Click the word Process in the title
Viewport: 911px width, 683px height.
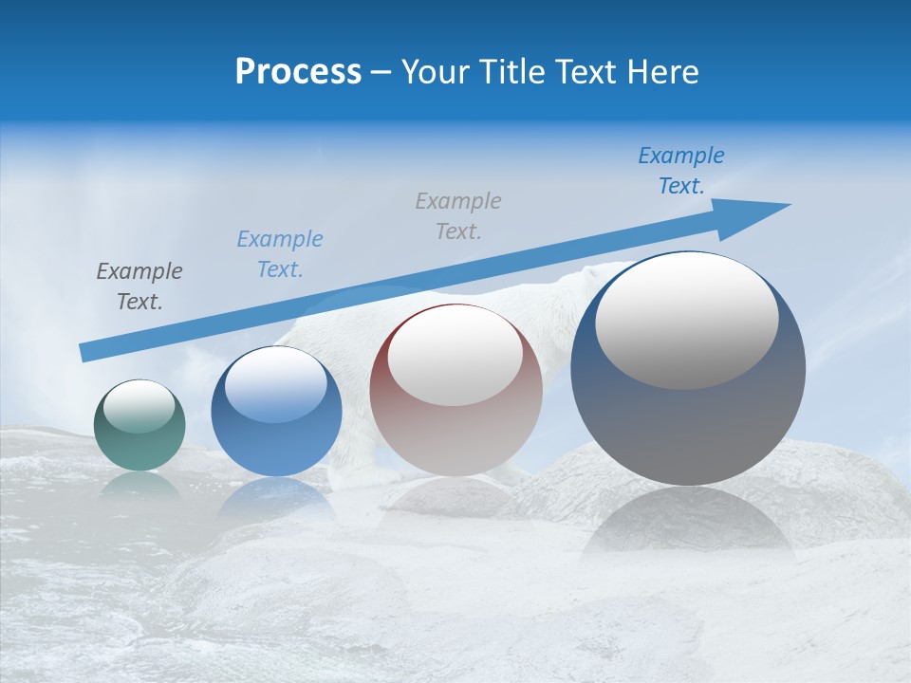(298, 72)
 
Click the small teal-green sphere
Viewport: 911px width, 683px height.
(139, 426)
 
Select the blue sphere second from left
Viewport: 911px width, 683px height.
(276, 412)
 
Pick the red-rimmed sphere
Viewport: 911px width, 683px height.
(456, 391)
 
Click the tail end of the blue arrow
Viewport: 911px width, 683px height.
(84, 354)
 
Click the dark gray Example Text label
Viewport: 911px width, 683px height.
(139, 286)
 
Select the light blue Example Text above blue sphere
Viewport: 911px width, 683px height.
(280, 253)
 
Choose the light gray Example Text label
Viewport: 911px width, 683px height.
(458, 215)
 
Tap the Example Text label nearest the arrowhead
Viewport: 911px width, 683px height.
(681, 170)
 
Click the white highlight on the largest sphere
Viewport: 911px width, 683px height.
(687, 320)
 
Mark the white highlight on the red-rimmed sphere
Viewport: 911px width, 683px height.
(455, 355)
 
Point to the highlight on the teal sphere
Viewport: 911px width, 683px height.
(139, 406)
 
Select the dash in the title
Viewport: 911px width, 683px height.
(381, 72)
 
